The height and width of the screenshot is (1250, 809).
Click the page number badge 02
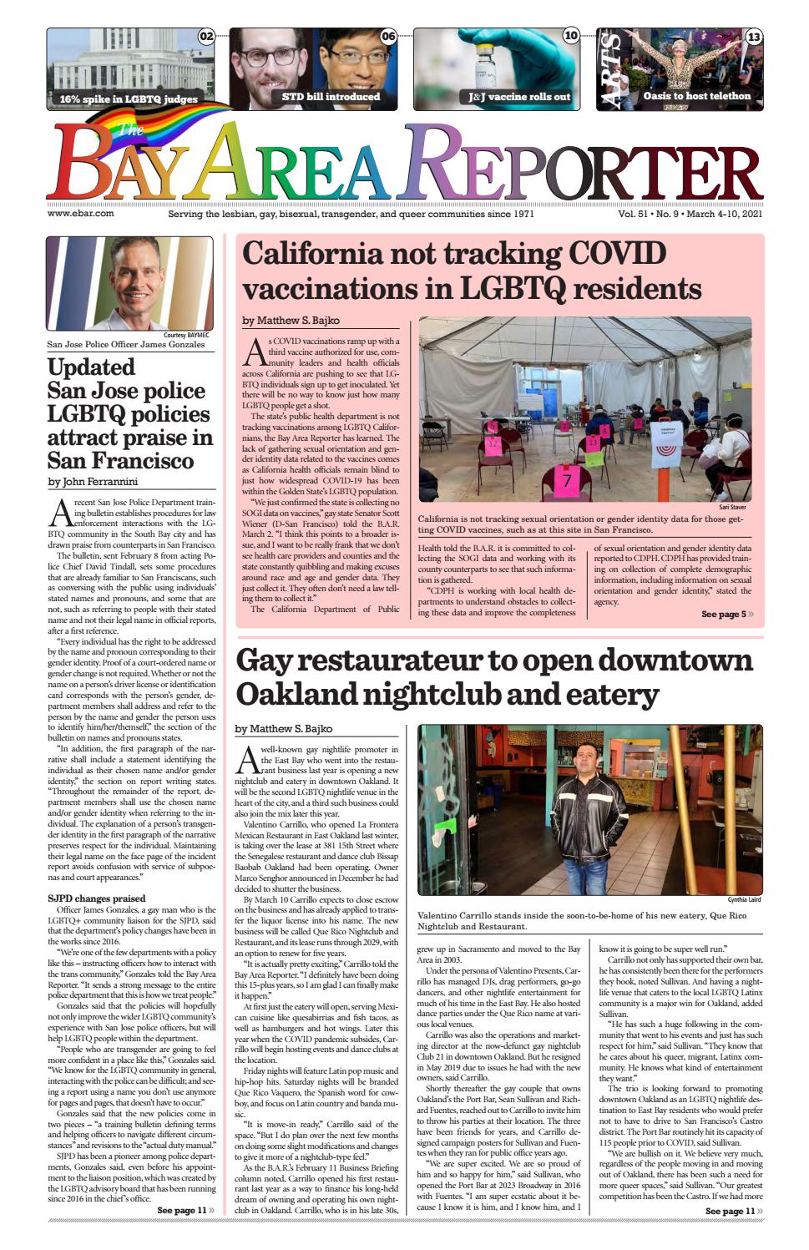206,36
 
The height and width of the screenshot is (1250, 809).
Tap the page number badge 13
753,37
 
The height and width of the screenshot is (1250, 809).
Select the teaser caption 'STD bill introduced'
331,97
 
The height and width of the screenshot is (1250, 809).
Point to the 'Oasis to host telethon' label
696,96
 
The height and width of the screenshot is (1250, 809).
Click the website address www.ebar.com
81,214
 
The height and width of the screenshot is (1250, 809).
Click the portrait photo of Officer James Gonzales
129,283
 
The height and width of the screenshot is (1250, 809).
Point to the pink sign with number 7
568,481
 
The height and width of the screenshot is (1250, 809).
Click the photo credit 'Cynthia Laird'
744,899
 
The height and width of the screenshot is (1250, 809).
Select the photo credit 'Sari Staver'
732,507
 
